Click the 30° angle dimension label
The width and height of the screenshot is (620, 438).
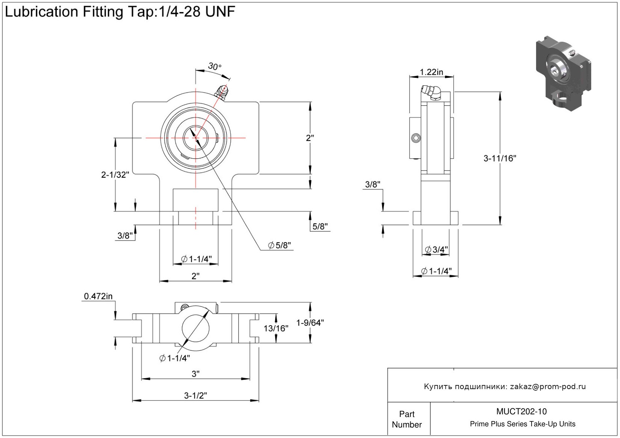215,67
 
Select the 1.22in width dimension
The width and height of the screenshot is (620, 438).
431,72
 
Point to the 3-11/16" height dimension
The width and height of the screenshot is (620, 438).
500,158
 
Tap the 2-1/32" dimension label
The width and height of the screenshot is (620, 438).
115,174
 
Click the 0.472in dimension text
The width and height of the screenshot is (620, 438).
98,296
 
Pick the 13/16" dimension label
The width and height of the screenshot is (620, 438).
276,329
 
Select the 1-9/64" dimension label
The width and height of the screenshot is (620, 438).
310,323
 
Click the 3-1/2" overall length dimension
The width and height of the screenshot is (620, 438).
195,395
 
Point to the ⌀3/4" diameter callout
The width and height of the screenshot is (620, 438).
436,249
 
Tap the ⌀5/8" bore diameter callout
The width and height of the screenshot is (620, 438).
279,246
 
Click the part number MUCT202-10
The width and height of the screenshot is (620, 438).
521,412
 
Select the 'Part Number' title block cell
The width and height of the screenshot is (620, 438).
407,419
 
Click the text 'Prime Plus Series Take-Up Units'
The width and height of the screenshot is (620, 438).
523,424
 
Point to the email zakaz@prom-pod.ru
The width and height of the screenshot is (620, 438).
548,386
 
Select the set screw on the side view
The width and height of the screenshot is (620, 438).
416,138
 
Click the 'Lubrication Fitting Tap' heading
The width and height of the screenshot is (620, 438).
120,12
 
